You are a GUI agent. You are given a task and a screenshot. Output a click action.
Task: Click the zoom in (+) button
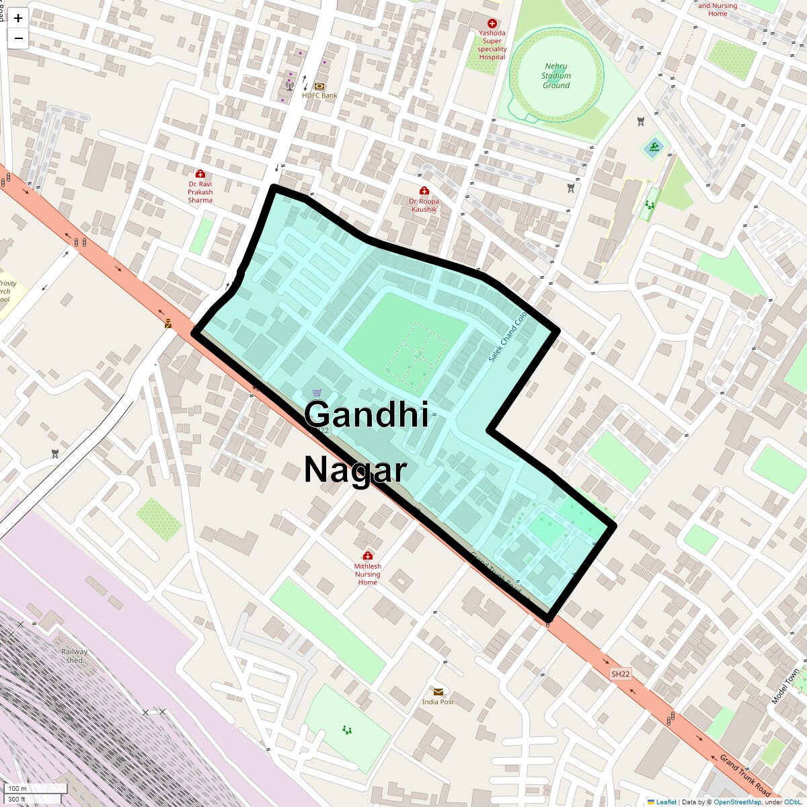pos(18,19)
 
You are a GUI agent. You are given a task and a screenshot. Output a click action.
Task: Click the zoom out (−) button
pos(18,38)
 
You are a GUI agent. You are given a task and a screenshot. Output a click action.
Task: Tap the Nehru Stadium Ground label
pos(556,76)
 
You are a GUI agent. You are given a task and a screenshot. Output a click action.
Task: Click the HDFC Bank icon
pos(319,86)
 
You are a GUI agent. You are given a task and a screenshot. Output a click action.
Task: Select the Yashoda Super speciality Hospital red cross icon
pos(492,24)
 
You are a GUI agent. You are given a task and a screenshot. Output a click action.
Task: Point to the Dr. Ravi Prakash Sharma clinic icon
pos(200,174)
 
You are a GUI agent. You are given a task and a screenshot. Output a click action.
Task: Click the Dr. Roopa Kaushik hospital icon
pos(424,191)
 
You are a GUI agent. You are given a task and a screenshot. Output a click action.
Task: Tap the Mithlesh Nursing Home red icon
pos(367,556)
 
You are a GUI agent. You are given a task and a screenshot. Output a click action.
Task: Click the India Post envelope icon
pos(438,691)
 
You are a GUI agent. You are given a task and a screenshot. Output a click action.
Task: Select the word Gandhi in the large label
pos(367,414)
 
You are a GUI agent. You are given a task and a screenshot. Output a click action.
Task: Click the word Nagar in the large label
pos(355,469)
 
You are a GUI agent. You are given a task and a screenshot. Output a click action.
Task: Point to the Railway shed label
pos(74,656)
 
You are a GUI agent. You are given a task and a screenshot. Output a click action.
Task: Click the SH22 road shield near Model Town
pos(621,674)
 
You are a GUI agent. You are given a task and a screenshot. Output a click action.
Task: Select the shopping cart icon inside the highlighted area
pos(317,393)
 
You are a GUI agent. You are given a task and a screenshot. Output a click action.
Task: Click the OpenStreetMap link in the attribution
pos(736,802)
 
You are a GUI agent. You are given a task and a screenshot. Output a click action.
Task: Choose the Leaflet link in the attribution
pos(666,802)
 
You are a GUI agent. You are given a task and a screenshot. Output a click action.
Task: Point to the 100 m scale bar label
pos(18,789)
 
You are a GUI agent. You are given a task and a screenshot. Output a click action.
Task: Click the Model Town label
pos(785,686)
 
